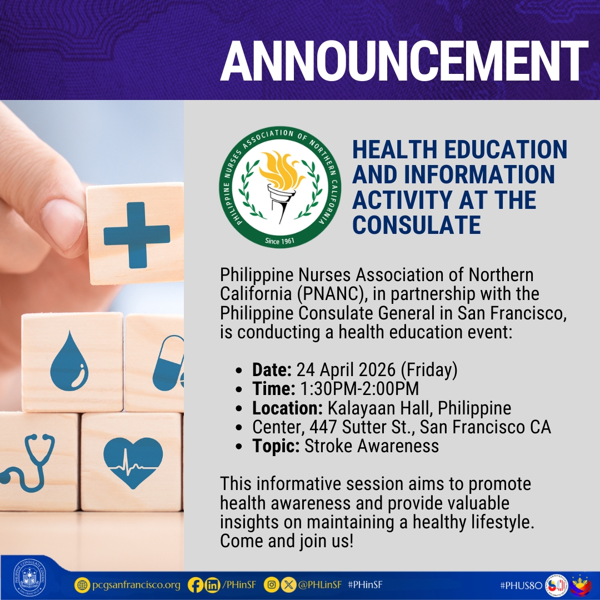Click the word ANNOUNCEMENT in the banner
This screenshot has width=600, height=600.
(404, 62)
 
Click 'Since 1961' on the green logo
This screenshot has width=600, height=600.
(279, 241)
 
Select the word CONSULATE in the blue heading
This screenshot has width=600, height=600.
(416, 225)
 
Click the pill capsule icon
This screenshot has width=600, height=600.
(169, 361)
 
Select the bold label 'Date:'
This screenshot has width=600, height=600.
(272, 369)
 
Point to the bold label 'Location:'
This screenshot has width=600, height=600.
(287, 408)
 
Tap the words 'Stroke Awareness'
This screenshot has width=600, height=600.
(371, 446)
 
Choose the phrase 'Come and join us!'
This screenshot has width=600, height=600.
(287, 541)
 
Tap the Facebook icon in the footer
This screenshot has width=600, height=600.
(196, 585)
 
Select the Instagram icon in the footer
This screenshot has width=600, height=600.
(271, 585)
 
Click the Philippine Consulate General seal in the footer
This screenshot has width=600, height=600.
(30, 578)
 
